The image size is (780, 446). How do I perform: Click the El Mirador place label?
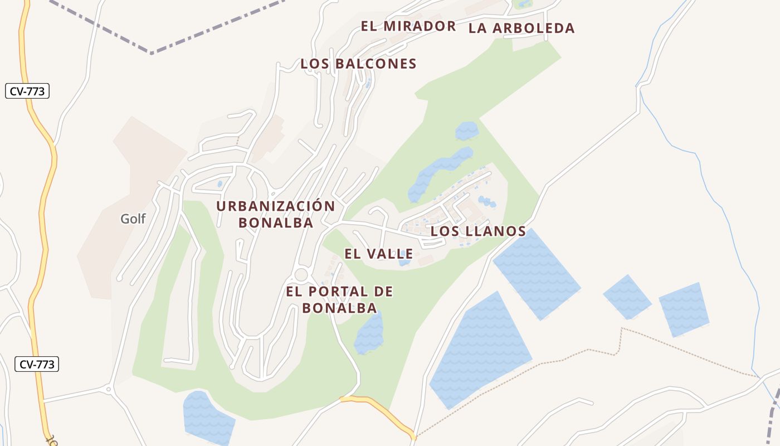click(408, 26)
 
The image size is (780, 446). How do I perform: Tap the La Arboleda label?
click(521, 28)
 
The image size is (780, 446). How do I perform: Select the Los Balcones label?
click(358, 64)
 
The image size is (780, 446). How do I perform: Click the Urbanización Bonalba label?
click(276, 214)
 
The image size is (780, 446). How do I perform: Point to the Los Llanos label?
click(478, 231)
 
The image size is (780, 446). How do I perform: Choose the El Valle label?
click(378, 254)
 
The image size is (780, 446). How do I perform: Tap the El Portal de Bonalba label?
click(339, 299)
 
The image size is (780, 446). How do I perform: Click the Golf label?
click(133, 219)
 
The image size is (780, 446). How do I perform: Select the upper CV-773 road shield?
click(28, 91)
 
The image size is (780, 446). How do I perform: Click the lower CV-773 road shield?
click(37, 365)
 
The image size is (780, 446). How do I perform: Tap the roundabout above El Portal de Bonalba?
click(301, 275)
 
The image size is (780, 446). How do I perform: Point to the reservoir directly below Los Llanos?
click(536, 273)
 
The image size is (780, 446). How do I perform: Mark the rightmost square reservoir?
click(684, 309)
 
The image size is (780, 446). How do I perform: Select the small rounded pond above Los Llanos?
click(466, 131)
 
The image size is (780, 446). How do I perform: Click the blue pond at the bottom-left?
click(207, 417)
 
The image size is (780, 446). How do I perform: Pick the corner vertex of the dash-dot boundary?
click(152, 53)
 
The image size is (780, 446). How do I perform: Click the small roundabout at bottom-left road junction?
click(109, 389)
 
